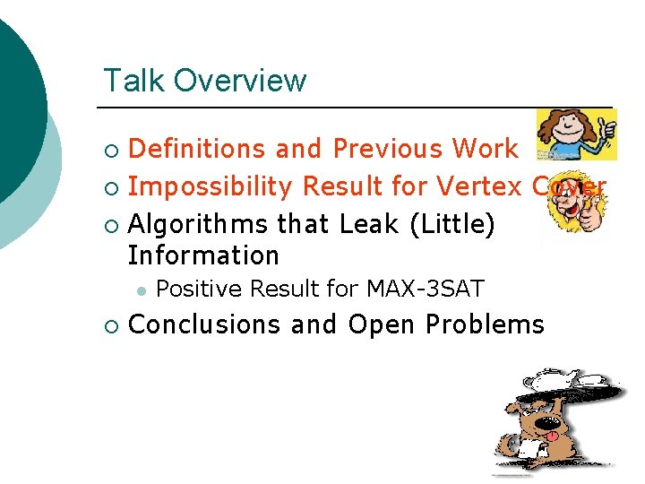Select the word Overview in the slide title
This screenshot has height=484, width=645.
[x=240, y=81]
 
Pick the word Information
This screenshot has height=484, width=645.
[x=204, y=255]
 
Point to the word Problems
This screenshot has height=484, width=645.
[x=486, y=324]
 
